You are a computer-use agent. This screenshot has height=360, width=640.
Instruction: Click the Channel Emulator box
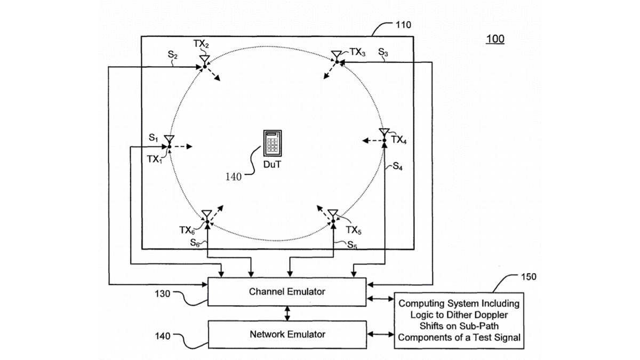pyautogui.click(x=287, y=291)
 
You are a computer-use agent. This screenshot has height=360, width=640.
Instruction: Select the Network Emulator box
pyautogui.click(x=287, y=334)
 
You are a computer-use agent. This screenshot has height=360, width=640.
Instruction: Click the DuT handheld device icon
pyautogui.click(x=272, y=143)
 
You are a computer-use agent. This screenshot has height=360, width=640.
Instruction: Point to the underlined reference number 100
pyautogui.click(x=495, y=39)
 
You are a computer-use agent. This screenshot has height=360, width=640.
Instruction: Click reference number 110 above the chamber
pyautogui.click(x=404, y=25)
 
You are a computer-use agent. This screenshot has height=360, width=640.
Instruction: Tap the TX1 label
pyautogui.click(x=154, y=159)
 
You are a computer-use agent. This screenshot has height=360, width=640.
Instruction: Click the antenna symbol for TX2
pyautogui.click(x=204, y=59)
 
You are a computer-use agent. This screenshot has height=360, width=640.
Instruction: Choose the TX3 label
pyautogui.click(x=357, y=52)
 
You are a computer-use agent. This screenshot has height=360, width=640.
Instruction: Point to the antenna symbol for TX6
pyautogui.click(x=206, y=215)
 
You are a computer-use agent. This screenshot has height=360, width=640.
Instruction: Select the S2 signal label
pyautogui.click(x=172, y=54)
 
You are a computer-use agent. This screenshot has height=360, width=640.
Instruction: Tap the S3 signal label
pyautogui.click(x=383, y=52)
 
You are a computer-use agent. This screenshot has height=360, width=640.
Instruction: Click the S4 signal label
pyautogui.click(x=397, y=167)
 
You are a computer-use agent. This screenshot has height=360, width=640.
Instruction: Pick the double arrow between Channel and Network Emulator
pyautogui.click(x=287, y=313)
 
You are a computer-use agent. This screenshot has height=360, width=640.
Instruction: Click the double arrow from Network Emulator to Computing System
pyautogui.click(x=381, y=334)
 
